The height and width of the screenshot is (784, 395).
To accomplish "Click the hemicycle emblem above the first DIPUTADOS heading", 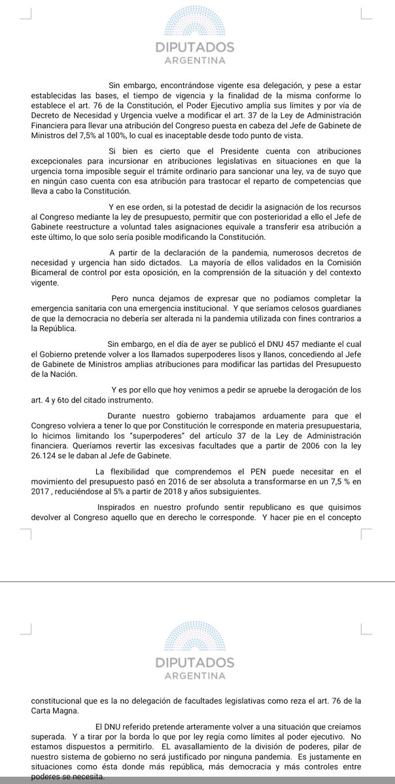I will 196,24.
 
